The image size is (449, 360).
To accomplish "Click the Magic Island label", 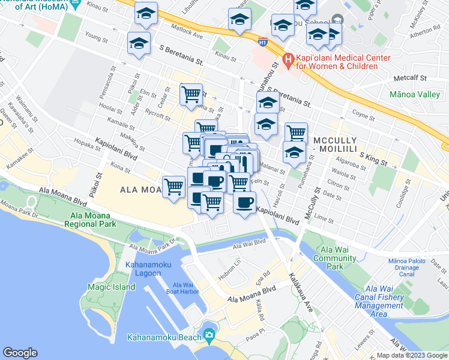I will click(111, 287).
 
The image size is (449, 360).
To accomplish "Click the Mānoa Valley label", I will click(414, 95).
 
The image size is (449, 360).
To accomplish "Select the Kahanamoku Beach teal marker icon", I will click(209, 335).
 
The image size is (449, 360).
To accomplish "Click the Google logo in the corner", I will click(20, 353).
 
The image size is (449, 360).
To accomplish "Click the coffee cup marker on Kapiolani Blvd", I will click(243, 203).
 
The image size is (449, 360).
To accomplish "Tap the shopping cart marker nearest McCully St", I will click(295, 133).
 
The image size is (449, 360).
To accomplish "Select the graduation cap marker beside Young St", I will click(139, 43).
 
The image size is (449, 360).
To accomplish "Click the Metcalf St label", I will click(410, 78).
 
